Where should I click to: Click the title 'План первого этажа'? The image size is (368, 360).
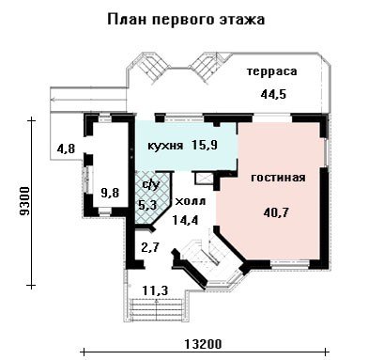point(186,20)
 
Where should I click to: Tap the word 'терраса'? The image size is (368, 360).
point(271,71)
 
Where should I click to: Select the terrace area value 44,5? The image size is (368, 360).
point(273,94)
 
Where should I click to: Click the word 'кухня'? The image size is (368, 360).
point(165,146)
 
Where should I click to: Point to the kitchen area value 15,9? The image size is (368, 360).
point(205,145)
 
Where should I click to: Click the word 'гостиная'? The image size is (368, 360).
point(278,178)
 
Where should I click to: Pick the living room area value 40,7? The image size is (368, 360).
point(276,213)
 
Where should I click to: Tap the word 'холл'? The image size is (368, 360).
point(190,201)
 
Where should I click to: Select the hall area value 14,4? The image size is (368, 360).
point(185,221)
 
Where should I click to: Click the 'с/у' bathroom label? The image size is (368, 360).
point(150,185)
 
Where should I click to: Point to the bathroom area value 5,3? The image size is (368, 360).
point(146,205)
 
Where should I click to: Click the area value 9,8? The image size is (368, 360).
point(110,193)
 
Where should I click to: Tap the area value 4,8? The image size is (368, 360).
point(66,149)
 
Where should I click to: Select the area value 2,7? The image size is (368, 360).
point(150,248)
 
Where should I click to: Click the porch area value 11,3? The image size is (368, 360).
point(155,290)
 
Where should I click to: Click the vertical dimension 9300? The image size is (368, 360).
point(23,202)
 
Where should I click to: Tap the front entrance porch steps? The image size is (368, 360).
point(156,308)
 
